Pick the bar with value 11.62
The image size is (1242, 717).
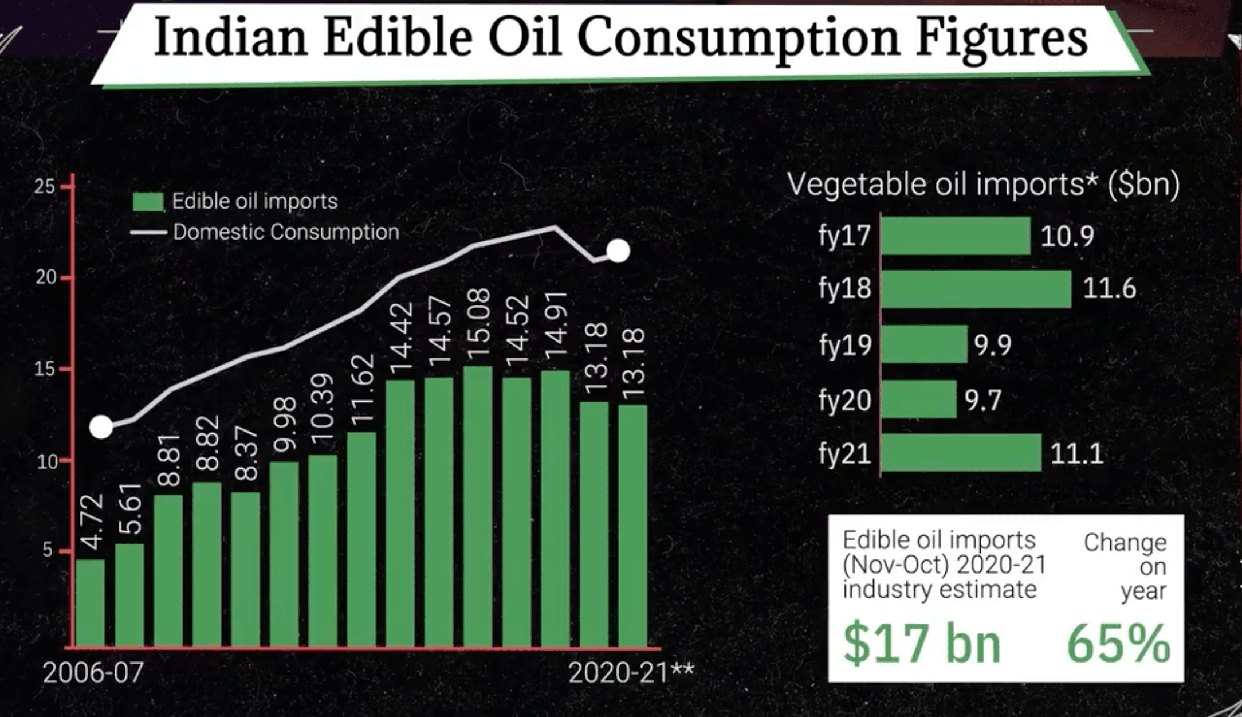(x=361, y=539)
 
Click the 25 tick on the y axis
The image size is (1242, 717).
(x=45, y=186)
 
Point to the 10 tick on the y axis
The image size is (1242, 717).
(x=47, y=461)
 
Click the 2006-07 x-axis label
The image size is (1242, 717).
(x=93, y=672)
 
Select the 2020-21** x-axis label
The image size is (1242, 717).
(x=631, y=672)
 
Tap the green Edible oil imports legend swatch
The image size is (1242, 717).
(x=148, y=202)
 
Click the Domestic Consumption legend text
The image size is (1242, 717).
(x=286, y=232)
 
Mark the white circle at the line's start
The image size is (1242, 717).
(x=101, y=427)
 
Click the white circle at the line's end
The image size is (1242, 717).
(x=618, y=250)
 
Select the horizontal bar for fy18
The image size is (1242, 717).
(x=976, y=289)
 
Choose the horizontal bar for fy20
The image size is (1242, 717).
(x=918, y=399)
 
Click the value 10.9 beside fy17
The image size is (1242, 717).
(x=1067, y=236)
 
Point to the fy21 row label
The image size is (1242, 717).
(x=844, y=454)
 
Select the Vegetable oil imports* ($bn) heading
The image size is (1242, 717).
(x=983, y=185)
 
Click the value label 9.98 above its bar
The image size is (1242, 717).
(x=284, y=425)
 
